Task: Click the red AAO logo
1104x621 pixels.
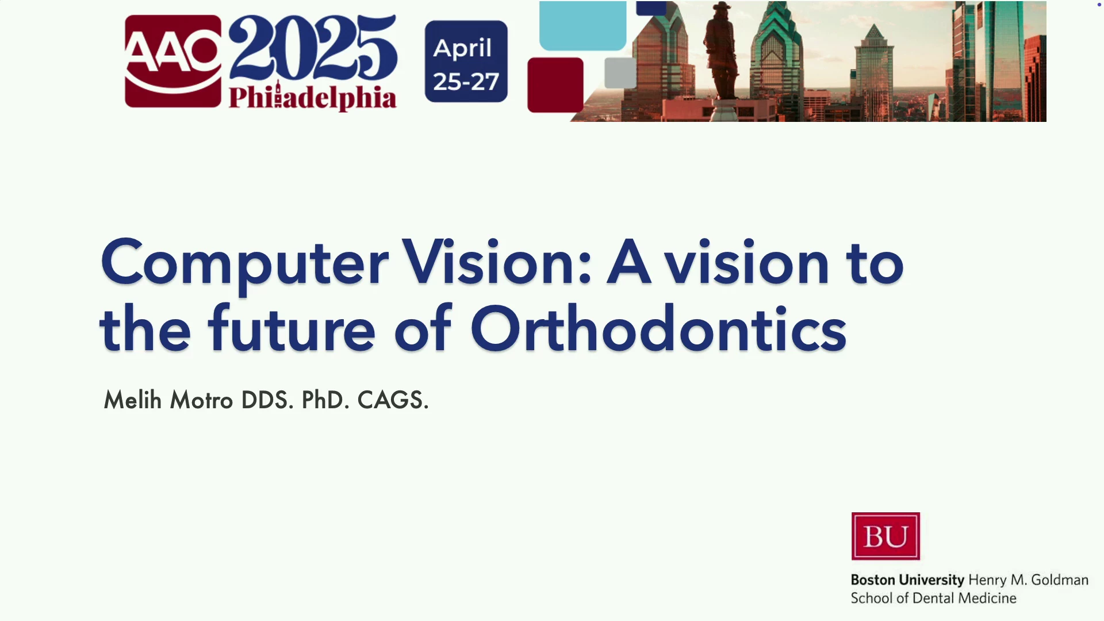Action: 173,61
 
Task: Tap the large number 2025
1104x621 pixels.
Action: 313,48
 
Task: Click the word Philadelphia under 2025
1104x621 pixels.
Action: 313,97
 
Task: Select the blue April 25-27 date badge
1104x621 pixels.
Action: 466,62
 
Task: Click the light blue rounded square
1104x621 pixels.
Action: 582,25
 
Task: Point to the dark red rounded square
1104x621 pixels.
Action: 555,85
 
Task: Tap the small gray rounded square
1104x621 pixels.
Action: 620,72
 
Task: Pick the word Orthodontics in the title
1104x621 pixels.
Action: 658,328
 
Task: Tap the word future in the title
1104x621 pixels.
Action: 292,328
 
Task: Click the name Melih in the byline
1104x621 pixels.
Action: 133,400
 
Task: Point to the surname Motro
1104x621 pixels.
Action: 201,400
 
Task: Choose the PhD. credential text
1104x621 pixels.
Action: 325,400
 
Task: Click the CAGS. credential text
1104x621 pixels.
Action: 393,400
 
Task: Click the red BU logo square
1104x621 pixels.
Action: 885,536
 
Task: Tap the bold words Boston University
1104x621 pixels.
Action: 907,580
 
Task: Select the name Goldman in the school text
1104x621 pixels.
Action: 1060,580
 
